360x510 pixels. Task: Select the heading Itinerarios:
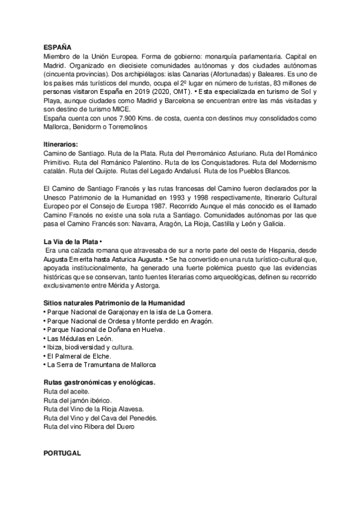click(x=61, y=145)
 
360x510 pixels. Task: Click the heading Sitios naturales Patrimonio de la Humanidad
click(x=114, y=302)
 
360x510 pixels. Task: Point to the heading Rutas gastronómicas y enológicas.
click(x=100, y=382)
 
